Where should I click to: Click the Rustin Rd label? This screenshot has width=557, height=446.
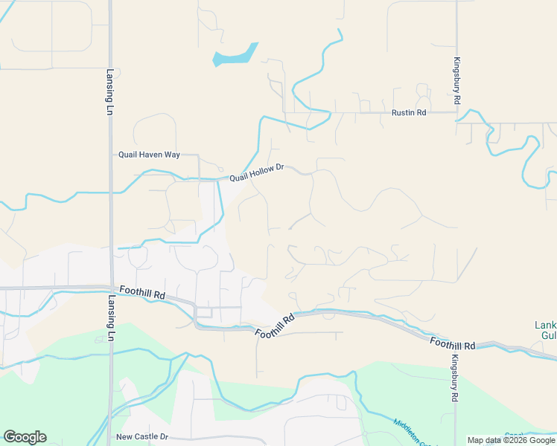click(409, 113)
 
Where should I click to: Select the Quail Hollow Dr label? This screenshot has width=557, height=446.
click(257, 173)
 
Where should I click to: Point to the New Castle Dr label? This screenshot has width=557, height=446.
click(142, 437)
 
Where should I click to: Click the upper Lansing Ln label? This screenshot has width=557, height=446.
click(109, 92)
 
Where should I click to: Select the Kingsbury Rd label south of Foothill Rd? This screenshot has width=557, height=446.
click(454, 378)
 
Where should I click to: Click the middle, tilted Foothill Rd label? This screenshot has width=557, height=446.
click(275, 326)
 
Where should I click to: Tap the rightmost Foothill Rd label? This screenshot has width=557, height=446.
click(452, 343)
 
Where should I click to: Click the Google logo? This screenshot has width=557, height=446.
click(25, 437)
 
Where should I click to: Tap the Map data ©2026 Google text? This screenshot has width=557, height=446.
click(511, 440)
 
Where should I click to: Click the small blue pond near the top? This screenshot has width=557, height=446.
click(235, 55)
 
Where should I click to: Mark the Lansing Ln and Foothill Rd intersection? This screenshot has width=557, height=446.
click(110, 288)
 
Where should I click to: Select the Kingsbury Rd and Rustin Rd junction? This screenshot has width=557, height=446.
click(456, 113)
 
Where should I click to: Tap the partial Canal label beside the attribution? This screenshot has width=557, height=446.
click(514, 433)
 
